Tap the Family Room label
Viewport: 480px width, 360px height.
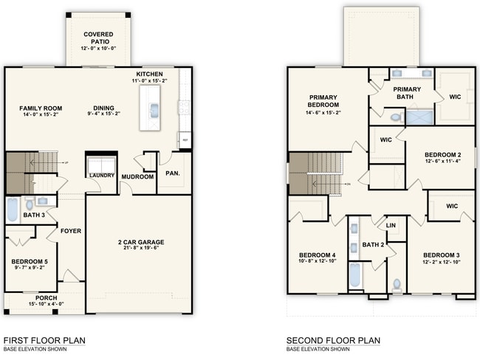[41, 108]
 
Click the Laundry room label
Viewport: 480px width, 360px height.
[101, 176]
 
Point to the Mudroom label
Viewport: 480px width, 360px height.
[137, 177]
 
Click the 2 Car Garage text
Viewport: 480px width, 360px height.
[140, 242]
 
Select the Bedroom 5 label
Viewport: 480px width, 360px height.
[29, 261]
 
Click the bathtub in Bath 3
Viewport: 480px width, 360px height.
[13, 210]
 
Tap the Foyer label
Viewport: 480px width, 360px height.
[71, 231]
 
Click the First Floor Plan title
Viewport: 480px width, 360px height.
[44, 340]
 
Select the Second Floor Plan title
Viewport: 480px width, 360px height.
[333, 340]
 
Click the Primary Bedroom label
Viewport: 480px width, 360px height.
[323, 101]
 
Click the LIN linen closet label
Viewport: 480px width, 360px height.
[391, 225]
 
